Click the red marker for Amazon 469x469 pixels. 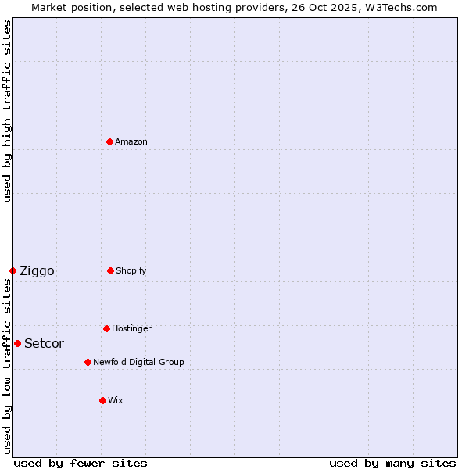109,141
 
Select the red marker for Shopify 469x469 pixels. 110,270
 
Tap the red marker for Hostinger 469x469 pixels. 106,328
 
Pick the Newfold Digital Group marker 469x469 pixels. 88,362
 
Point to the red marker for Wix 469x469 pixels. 102,400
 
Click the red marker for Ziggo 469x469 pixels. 13,270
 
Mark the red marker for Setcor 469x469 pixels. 17,343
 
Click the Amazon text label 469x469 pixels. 131,141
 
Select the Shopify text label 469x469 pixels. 131,270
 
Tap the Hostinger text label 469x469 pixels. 131,328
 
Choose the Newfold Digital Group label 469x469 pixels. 138,362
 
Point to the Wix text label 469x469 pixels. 116,400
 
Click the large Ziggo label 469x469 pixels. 37,270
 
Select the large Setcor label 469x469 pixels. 44,343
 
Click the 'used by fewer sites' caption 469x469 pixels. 81,463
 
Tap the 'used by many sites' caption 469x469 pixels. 392,463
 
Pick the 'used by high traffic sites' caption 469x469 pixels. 7,111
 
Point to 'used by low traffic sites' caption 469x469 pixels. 7,366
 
